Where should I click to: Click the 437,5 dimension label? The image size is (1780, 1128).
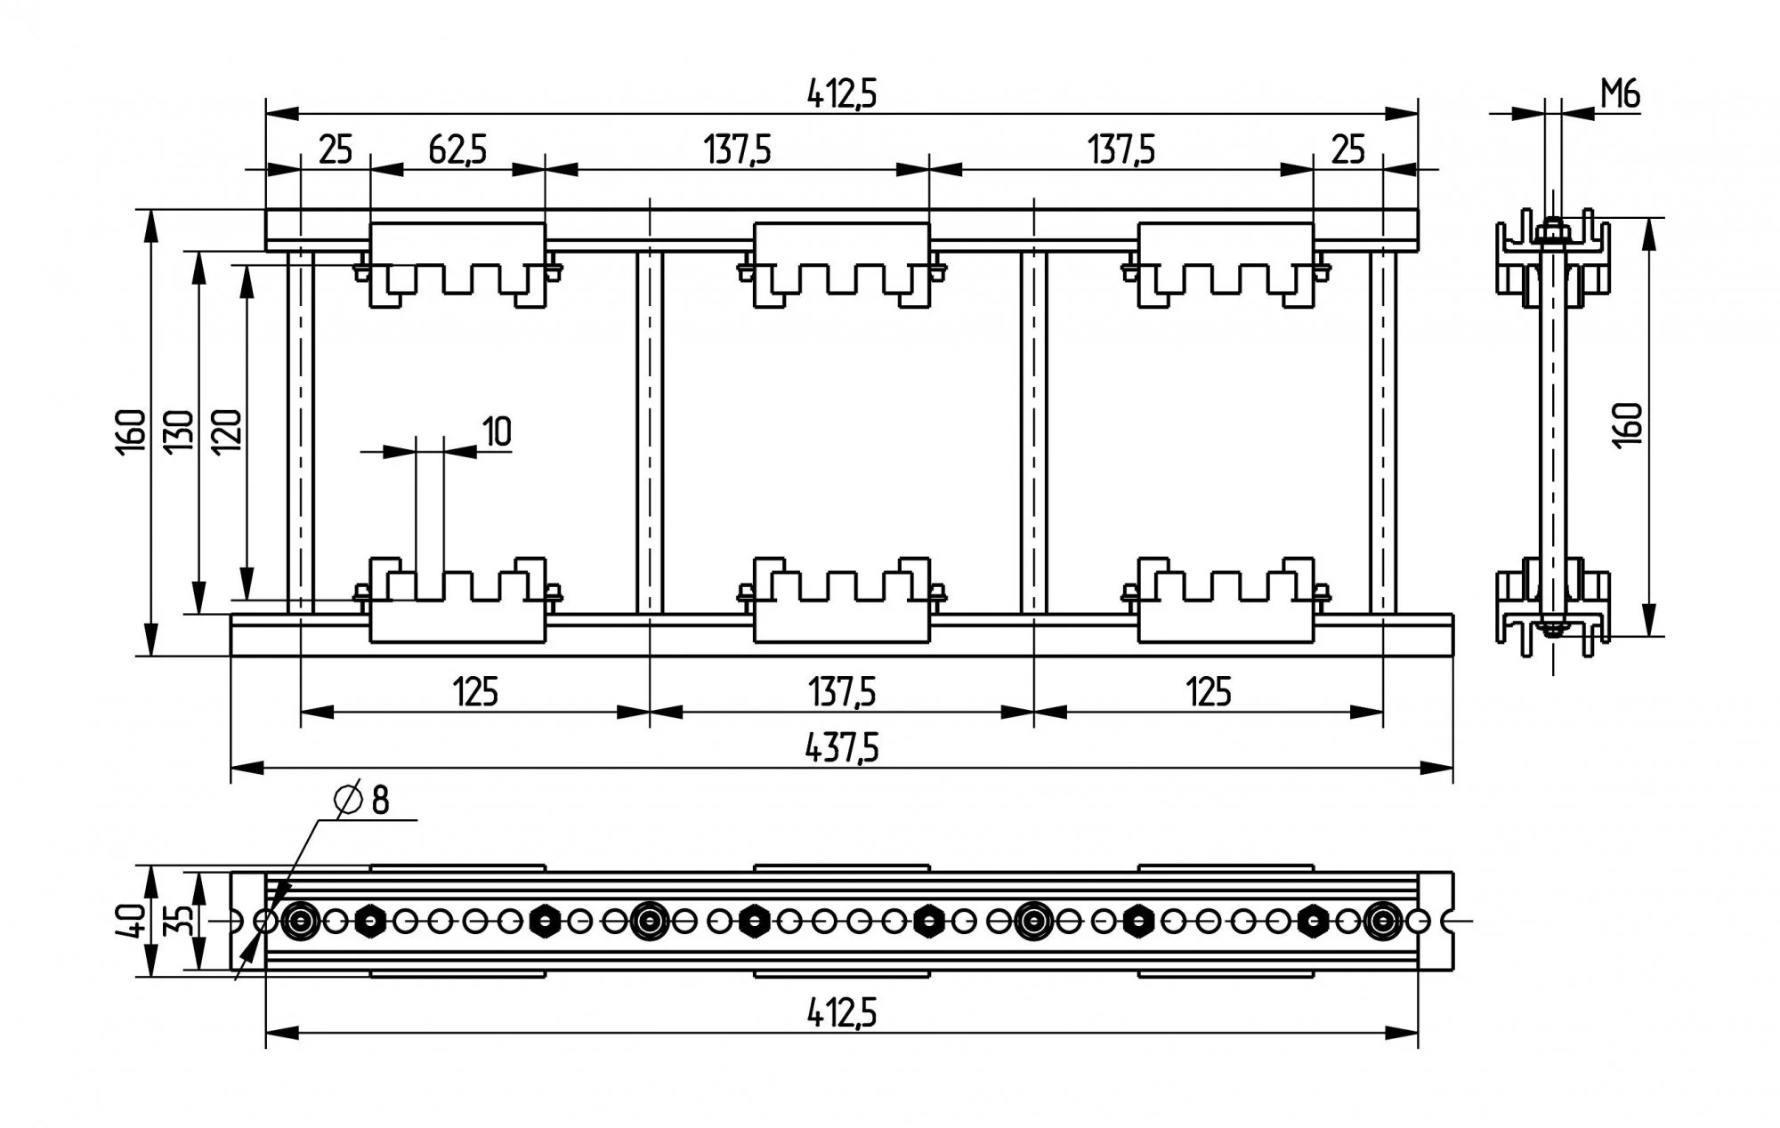click(841, 748)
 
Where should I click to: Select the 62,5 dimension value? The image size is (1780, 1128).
click(457, 149)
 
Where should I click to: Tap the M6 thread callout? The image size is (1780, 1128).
click(1620, 94)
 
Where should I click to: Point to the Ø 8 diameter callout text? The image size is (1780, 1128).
click(363, 800)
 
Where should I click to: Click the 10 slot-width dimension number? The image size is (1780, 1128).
click(497, 431)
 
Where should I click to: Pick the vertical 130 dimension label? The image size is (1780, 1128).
click(180, 430)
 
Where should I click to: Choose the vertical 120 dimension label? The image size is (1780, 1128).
click(228, 430)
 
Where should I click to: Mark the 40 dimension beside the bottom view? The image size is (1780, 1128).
click(133, 921)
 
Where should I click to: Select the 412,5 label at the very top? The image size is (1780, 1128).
click(841, 93)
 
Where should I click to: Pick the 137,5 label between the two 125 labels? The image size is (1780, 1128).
click(841, 691)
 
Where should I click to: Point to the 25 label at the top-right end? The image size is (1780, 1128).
click(1347, 149)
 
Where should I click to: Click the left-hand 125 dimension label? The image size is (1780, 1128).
click(475, 691)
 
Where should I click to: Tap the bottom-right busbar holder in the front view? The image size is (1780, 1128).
click(1226, 600)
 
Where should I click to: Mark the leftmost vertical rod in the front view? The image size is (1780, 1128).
click(301, 431)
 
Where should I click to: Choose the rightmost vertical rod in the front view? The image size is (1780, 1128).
click(1383, 431)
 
